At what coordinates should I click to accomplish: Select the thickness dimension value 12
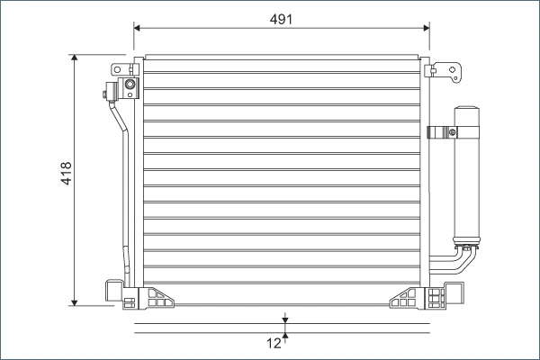273,342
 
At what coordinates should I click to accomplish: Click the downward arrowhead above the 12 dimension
284,319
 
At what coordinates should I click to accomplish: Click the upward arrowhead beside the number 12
284,337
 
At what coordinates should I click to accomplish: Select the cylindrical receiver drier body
466,180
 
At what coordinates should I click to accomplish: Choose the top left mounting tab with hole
119,70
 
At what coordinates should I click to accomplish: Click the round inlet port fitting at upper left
130,86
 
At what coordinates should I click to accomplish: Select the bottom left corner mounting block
113,292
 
